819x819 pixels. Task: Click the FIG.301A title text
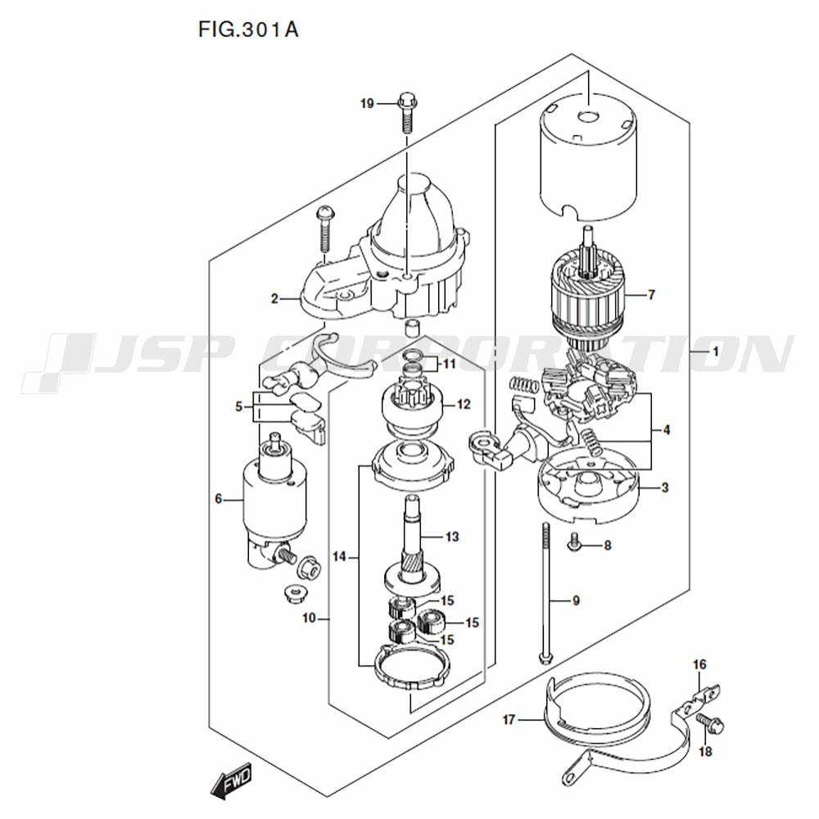248,29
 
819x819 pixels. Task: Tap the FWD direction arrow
232,780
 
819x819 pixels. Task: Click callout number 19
367,104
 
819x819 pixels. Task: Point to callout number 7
651,295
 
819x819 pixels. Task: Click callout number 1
716,351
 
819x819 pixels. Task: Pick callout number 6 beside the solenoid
219,499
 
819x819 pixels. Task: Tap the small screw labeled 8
574,543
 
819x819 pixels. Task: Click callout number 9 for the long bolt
576,600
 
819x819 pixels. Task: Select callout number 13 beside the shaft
452,536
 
